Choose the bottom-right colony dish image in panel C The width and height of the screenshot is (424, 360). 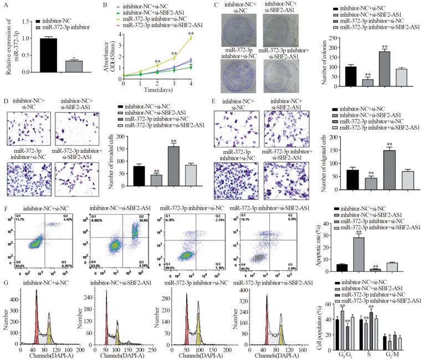(x=277, y=73)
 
